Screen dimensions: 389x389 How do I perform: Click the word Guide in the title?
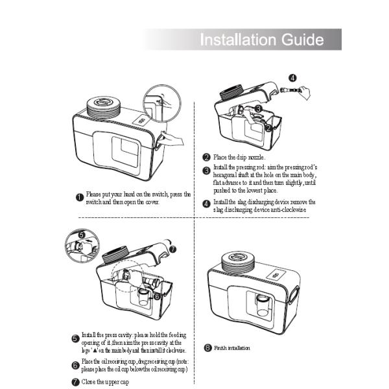[x=301, y=40]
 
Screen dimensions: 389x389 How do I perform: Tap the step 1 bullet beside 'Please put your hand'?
[x=78, y=197]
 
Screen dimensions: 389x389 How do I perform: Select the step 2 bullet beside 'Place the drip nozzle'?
[x=206, y=158]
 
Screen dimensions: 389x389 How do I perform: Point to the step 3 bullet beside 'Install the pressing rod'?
[x=206, y=171]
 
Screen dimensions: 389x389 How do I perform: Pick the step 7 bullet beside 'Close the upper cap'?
[x=75, y=382]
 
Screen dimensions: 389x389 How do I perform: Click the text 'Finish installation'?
[x=232, y=348]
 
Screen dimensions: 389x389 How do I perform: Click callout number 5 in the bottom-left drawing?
[x=82, y=234]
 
